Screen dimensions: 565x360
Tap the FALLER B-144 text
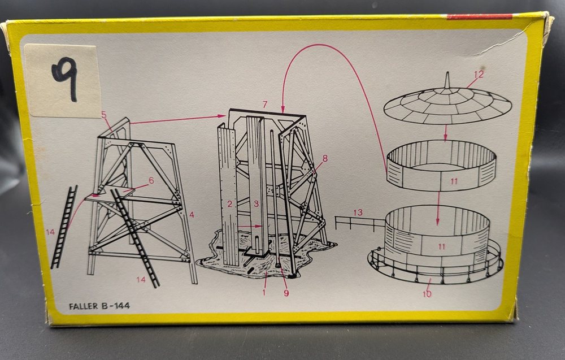click(99, 306)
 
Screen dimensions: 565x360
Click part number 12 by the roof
click(479, 75)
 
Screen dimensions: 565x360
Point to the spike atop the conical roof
click(447, 80)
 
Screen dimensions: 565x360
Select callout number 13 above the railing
click(358, 212)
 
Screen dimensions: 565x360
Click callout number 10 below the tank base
click(427, 294)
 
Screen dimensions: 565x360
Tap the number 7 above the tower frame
click(265, 105)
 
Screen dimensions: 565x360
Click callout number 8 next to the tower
click(325, 158)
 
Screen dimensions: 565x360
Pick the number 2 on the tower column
click(229, 205)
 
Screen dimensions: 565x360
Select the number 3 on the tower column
click(256, 204)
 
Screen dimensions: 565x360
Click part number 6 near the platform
click(151, 180)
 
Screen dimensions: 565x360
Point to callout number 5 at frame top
click(104, 115)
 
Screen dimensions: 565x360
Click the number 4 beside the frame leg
click(192, 215)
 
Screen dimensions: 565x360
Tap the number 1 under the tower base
click(264, 292)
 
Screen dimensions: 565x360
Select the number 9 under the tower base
click(286, 293)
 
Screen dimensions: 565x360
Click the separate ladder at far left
click(64, 227)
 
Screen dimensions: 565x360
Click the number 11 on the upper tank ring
click(454, 181)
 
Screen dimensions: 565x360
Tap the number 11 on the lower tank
click(442, 247)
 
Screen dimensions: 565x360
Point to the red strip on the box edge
click(480, 16)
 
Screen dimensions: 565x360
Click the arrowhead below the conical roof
click(445, 138)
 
